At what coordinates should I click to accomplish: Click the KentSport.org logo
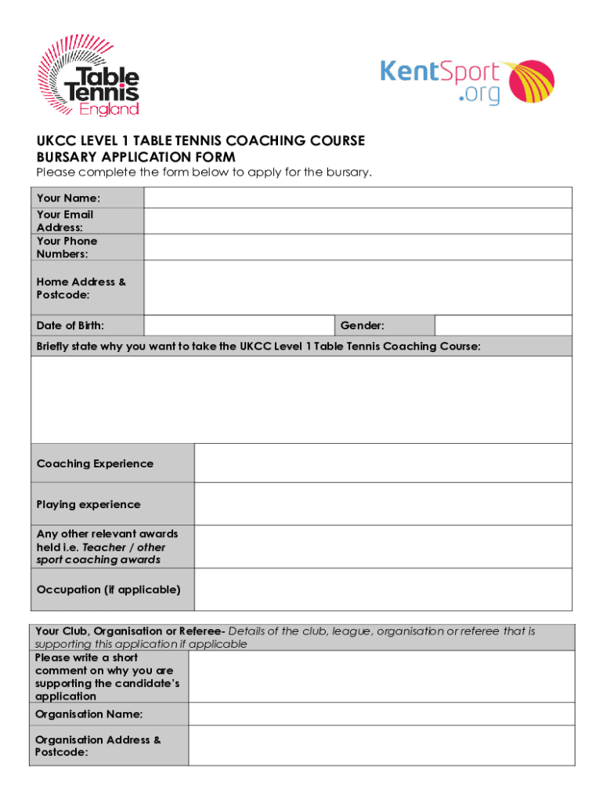[x=467, y=82]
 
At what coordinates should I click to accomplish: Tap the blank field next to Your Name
[x=358, y=198]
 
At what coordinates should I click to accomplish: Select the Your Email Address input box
[x=358, y=221]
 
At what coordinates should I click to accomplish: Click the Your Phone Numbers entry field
[x=358, y=247]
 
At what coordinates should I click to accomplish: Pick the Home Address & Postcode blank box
[x=358, y=288]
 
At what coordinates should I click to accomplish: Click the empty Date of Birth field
[x=239, y=325]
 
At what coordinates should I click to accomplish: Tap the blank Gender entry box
[x=503, y=325]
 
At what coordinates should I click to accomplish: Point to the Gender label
[x=362, y=325]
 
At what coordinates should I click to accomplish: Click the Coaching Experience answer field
[x=383, y=463]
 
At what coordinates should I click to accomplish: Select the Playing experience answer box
[x=383, y=504]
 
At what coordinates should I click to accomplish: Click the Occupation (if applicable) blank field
[x=383, y=589]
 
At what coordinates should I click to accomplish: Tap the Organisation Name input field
[x=380, y=714]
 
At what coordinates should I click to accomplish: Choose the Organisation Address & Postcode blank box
[x=380, y=746]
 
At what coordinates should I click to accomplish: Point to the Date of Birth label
[x=70, y=325]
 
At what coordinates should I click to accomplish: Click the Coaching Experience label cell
[x=112, y=463]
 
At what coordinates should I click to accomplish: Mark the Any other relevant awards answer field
[x=383, y=547]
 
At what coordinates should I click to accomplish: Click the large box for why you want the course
[x=301, y=399]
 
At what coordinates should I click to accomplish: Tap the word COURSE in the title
[x=337, y=141]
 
